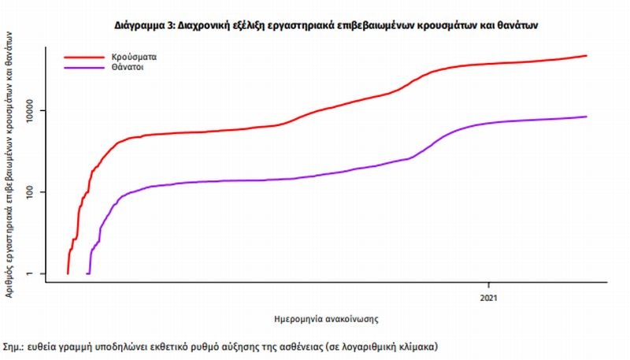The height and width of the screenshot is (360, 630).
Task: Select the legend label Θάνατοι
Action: [128, 68]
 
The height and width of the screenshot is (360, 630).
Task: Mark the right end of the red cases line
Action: [586, 56]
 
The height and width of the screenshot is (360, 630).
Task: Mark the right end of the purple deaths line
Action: [586, 117]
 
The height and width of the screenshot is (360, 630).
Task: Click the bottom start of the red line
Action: [68, 273]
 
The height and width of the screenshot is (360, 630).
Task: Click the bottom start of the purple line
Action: [87, 273]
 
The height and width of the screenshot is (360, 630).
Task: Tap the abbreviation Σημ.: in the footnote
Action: [13, 346]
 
